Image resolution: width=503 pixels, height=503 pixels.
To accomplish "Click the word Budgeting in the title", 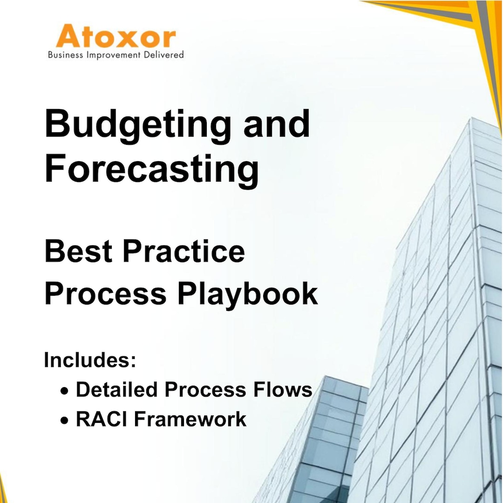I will [138, 125].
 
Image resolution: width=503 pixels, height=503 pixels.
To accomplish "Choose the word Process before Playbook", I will [105, 294].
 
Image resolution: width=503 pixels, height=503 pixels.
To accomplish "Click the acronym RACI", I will [102, 419].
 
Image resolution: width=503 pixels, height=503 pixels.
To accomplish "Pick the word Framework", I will [190, 419].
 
